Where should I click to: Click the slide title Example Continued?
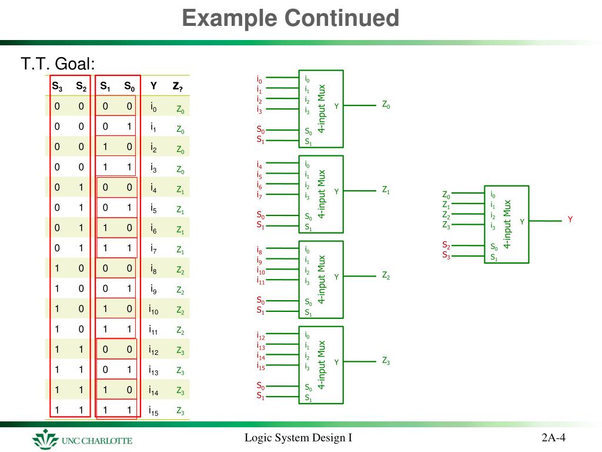[290, 18]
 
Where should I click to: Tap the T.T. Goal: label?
[58, 64]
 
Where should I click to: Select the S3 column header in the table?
[57, 87]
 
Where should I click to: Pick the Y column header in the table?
[153, 87]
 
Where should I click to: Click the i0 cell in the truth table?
[153, 108]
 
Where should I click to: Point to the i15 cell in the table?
[154, 411]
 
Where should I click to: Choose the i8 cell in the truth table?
[153, 270]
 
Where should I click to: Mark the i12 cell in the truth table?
[154, 350]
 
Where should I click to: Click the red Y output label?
[570, 220]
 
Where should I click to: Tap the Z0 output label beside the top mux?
[386, 105]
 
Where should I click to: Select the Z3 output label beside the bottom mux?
[386, 361]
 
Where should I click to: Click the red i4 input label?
[259, 166]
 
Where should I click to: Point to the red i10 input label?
[260, 271]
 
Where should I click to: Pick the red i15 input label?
[260, 366]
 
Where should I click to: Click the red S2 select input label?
[446, 245]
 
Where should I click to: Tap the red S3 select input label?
[446, 255]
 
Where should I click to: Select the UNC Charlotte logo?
[82, 440]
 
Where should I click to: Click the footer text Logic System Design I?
[298, 438]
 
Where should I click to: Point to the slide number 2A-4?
[554, 438]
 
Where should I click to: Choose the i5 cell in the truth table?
[153, 209]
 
